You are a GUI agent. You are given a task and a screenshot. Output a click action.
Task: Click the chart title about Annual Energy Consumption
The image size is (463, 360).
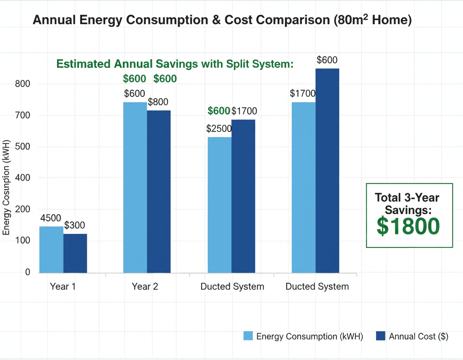click(222, 20)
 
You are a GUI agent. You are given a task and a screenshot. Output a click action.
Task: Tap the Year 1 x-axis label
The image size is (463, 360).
click(63, 286)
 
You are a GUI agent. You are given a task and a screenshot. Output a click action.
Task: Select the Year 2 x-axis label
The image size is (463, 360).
click(145, 286)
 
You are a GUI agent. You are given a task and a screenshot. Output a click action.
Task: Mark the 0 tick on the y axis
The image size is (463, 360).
click(27, 272)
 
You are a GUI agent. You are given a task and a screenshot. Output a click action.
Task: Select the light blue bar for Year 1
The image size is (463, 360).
click(51, 250)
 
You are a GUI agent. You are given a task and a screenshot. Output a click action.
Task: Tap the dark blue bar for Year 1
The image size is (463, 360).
click(75, 253)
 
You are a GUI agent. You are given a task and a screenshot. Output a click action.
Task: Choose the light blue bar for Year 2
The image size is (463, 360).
click(135, 188)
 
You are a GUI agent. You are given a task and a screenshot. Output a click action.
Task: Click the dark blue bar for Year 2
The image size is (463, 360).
click(159, 192)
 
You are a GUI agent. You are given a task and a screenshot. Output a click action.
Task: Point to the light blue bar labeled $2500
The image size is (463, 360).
click(219, 205)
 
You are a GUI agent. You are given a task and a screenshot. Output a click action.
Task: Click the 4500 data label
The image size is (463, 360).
click(50, 218)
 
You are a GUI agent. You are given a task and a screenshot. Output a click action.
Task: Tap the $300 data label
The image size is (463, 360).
click(75, 225)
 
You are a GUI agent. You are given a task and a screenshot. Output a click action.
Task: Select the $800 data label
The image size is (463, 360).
click(158, 102)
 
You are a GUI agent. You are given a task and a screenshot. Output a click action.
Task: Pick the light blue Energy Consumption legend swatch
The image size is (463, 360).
click(248, 336)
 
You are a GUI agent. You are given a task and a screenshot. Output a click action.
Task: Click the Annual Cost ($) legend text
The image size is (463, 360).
click(418, 336)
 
